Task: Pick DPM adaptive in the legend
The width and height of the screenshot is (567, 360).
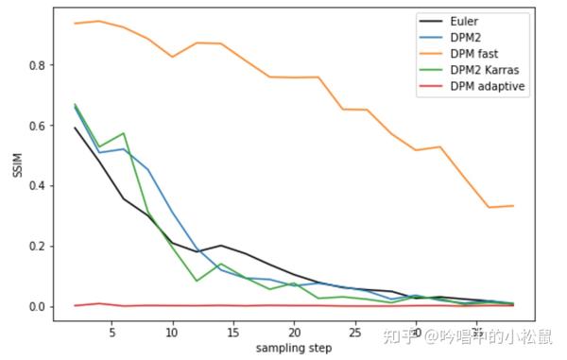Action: (x=488, y=87)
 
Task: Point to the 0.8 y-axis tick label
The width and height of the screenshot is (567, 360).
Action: (x=36, y=65)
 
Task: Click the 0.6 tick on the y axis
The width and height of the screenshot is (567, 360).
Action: (x=36, y=126)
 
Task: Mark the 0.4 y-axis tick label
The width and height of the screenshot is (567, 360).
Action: (x=36, y=186)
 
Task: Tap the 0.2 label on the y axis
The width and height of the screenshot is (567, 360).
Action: (x=36, y=247)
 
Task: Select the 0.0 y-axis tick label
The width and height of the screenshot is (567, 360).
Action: (x=36, y=307)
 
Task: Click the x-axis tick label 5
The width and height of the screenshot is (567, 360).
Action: (x=112, y=333)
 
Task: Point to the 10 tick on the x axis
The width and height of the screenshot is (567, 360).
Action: (x=172, y=333)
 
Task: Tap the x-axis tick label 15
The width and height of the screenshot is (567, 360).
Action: (x=233, y=333)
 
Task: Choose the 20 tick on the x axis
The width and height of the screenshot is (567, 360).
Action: (x=294, y=333)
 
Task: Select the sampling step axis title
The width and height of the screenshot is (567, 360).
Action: (x=294, y=349)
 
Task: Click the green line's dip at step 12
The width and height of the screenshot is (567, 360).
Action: (x=197, y=281)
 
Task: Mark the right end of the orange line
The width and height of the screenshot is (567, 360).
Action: (x=513, y=206)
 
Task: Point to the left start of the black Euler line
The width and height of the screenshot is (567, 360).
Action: (x=75, y=128)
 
